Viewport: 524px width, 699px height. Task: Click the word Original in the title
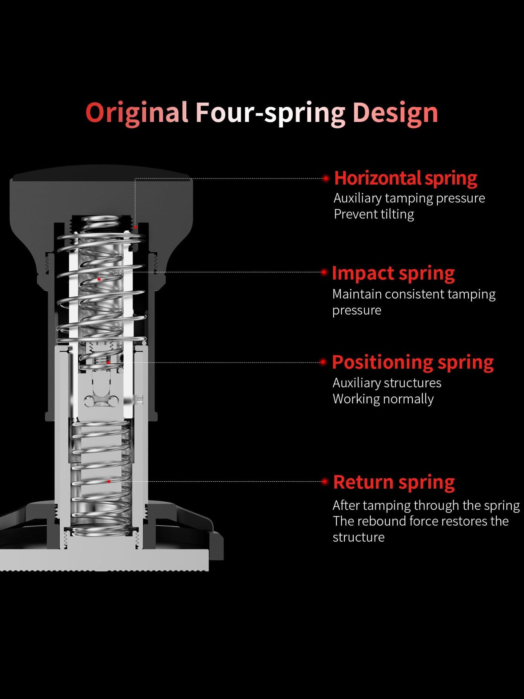(137, 113)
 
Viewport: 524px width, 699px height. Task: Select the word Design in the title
(395, 113)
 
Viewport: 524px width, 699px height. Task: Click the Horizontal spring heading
(405, 178)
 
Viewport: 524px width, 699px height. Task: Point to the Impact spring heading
(393, 273)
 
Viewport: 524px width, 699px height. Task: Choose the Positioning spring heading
(413, 363)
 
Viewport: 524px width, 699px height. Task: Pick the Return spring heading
(394, 482)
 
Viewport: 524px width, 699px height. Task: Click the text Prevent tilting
(374, 214)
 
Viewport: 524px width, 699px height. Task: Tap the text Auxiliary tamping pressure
(409, 198)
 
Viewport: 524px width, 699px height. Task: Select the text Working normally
(383, 399)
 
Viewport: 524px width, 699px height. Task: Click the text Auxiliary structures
(387, 383)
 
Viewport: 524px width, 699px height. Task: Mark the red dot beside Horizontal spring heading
(326, 178)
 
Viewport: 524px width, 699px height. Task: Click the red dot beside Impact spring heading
(324, 272)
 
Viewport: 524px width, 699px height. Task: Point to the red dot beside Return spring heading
(325, 481)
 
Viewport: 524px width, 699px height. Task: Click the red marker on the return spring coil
(108, 481)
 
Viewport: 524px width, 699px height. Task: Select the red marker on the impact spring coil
(99, 279)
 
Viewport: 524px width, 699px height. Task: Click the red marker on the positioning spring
(108, 362)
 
